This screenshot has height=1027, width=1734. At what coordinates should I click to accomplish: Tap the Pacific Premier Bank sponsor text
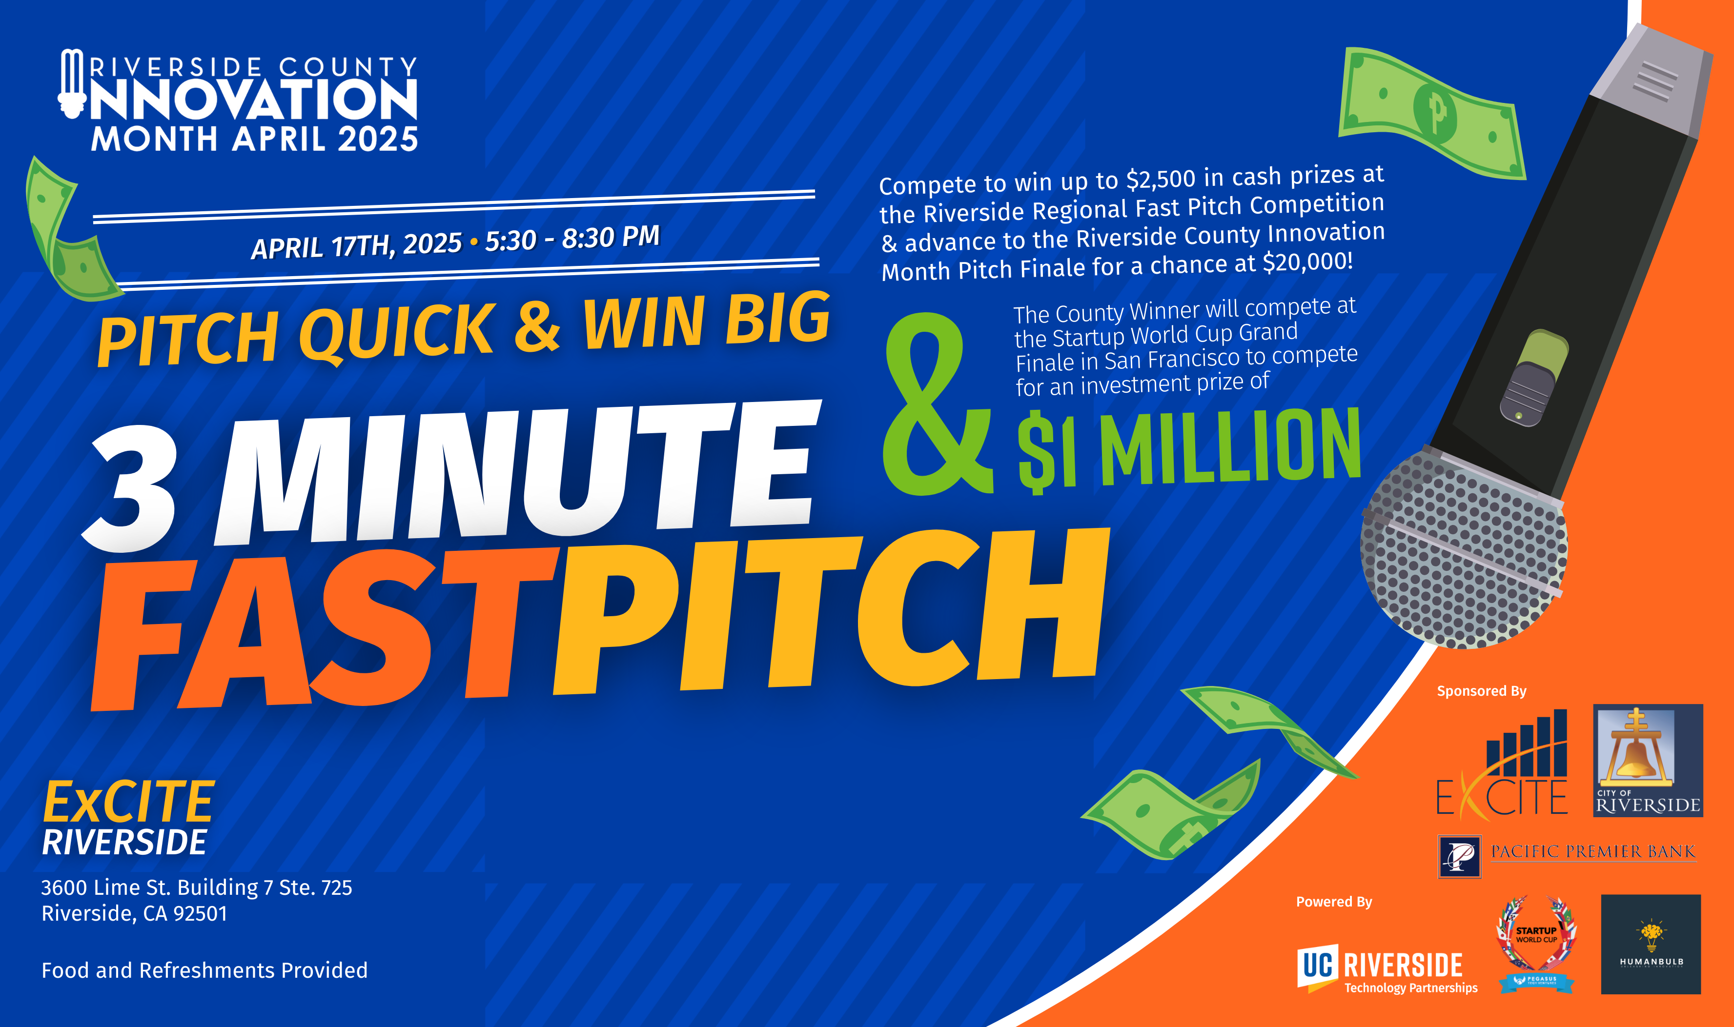(x=1593, y=851)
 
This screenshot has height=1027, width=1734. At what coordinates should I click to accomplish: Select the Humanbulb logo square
(x=1651, y=944)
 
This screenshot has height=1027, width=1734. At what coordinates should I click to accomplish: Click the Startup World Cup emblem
(x=1537, y=944)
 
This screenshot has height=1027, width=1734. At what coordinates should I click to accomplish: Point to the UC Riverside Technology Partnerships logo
(x=1387, y=969)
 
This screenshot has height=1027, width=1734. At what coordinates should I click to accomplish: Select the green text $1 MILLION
(x=1188, y=448)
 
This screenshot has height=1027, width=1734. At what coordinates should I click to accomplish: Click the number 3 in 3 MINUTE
(x=131, y=487)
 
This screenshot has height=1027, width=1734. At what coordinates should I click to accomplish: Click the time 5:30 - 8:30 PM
(x=572, y=238)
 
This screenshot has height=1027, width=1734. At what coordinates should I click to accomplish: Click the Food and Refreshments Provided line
(x=204, y=970)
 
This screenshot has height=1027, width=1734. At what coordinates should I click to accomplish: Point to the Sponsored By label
(x=1481, y=691)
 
